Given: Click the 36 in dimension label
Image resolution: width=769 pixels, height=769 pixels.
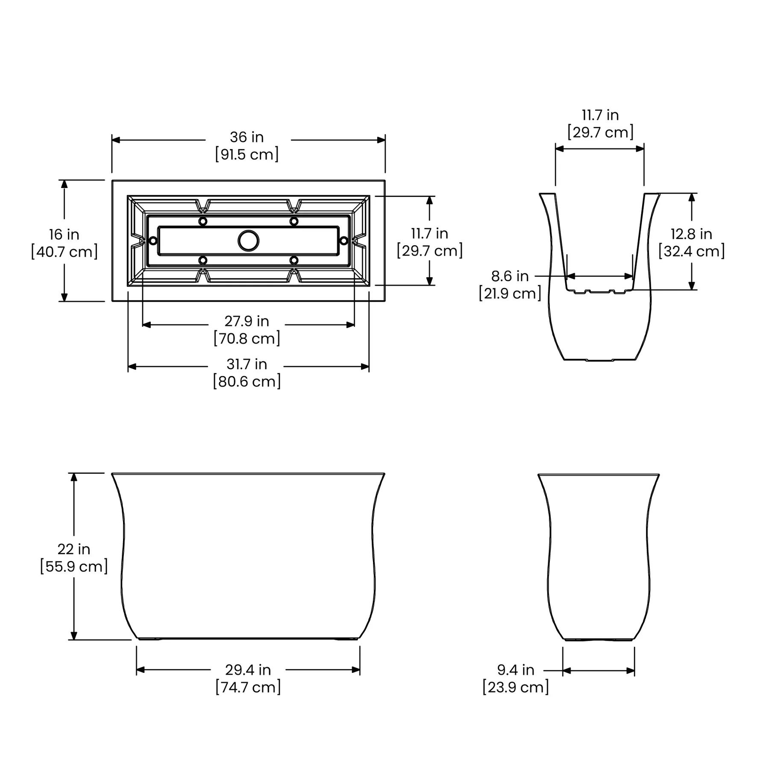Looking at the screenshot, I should [x=247, y=137].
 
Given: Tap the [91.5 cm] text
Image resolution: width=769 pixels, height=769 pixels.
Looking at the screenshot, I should [x=247, y=154].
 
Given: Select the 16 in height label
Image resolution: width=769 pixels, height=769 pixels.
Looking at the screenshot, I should [x=64, y=235].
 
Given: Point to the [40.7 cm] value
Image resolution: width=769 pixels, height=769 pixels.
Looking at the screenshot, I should [x=64, y=252].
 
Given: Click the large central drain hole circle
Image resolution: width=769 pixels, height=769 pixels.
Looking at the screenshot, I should [x=248, y=241].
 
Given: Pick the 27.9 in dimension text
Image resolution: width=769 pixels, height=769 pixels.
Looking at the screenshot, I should [x=247, y=321].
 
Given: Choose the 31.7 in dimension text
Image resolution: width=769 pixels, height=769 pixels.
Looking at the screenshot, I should [x=247, y=364].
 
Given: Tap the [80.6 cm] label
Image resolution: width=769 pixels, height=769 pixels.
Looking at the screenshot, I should [x=247, y=381].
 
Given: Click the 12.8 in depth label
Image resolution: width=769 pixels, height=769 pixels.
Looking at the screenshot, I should [x=691, y=234].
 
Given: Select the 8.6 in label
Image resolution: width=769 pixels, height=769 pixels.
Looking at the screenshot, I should [x=510, y=276].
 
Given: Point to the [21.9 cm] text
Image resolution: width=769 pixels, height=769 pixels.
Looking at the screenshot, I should [x=510, y=294].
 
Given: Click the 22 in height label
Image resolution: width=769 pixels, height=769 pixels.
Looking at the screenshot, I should [x=74, y=549].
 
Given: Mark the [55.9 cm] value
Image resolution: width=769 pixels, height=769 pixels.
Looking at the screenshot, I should [x=74, y=566].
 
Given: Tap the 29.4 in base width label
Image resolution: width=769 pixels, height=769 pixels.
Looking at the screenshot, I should [x=248, y=670].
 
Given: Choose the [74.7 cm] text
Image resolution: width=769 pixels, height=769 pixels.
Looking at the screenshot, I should [x=248, y=687].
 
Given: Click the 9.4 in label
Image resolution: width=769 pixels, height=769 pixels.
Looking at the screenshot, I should [x=516, y=670].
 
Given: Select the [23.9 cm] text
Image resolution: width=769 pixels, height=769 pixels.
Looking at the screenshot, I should [x=516, y=687].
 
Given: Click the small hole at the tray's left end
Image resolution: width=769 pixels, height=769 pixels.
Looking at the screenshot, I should [x=153, y=241].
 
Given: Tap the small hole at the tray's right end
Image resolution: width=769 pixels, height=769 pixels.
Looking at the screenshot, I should [x=344, y=241].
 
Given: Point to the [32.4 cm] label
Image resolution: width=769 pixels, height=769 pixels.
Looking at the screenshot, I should [x=691, y=251].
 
